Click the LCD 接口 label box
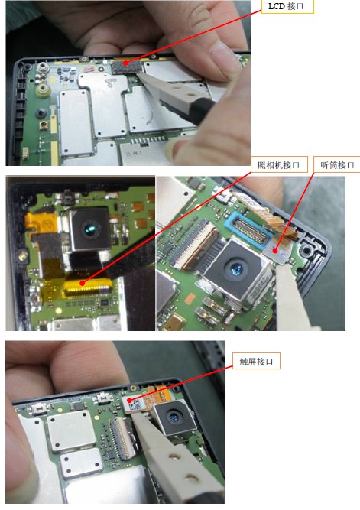tap(287, 6)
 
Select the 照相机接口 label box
tap(279, 165)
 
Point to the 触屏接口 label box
tap(256, 361)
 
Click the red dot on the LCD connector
tap(125, 63)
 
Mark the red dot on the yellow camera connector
tap(83, 284)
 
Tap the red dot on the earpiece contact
tap(275, 251)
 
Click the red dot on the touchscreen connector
tap(129, 400)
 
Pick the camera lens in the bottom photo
tap(174, 417)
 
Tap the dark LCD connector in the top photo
tap(127, 67)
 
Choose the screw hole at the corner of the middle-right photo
tap(306, 251)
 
